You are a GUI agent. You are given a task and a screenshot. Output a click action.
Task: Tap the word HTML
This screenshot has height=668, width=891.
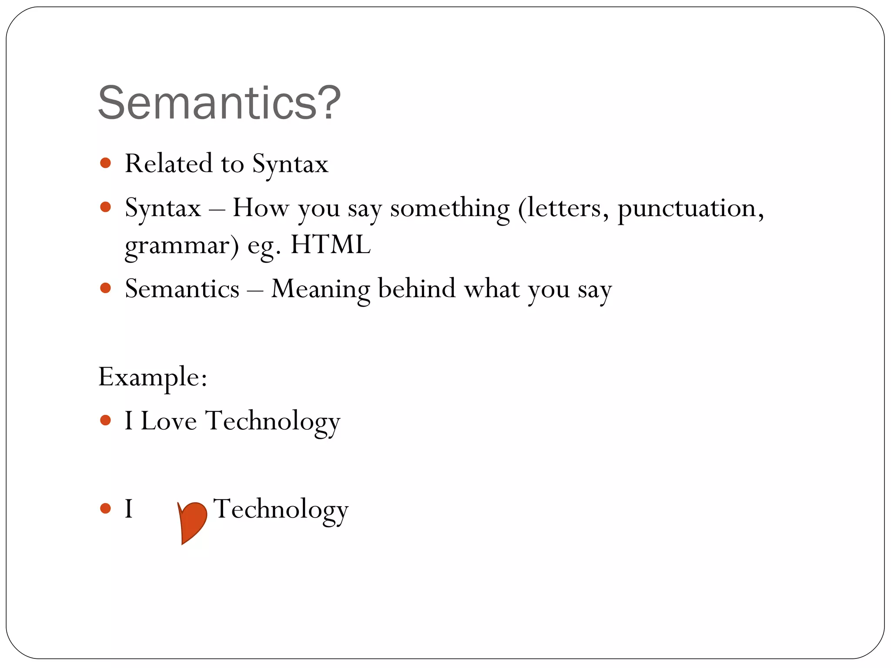(330, 244)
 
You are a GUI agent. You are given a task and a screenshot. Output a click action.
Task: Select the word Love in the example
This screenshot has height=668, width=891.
(169, 421)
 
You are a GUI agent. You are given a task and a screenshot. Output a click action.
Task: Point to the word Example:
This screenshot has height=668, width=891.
(153, 377)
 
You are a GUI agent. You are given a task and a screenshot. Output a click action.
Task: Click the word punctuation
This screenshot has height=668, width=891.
(690, 208)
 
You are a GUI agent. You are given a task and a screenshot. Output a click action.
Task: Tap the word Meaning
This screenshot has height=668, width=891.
(321, 289)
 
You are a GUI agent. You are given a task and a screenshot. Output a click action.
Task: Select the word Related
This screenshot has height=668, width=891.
(169, 164)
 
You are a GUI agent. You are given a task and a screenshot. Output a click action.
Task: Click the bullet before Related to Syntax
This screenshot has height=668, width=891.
(105, 163)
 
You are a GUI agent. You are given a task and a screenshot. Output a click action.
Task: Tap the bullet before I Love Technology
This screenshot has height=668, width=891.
(105, 420)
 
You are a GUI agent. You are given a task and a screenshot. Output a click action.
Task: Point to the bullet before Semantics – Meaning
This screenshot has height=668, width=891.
(105, 288)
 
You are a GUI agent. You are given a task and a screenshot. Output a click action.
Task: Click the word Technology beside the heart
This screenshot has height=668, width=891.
(281, 509)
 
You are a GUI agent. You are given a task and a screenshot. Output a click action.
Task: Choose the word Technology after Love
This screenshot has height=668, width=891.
(272, 421)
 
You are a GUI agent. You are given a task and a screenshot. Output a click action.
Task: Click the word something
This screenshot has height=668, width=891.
(449, 208)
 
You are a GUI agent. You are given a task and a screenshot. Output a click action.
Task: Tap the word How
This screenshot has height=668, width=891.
(261, 207)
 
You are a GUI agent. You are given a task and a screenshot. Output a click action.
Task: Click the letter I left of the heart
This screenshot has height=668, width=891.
(129, 508)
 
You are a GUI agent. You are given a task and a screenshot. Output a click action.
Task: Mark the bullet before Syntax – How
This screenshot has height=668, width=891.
(105, 207)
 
